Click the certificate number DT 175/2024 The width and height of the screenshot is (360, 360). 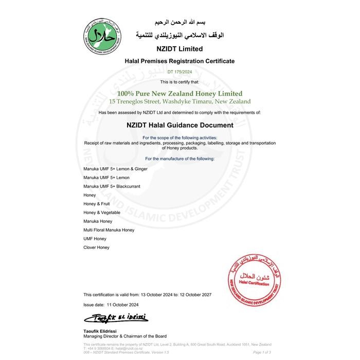coord(179,72)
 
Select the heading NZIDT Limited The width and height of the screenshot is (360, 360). coord(179,49)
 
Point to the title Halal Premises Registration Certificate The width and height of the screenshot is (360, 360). coord(179,61)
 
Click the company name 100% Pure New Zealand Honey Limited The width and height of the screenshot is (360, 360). coord(179,94)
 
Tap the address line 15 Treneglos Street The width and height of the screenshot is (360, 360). coord(179,101)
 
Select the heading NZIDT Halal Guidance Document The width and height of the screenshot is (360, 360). coord(179,124)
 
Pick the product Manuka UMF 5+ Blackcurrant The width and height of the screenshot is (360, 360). coord(112,186)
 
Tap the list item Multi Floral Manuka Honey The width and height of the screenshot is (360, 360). coord(109,230)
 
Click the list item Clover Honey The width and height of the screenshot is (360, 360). coord(96,247)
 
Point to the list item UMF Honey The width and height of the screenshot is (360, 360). coord(95,239)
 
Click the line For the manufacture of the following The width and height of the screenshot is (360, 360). coord(179,158)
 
